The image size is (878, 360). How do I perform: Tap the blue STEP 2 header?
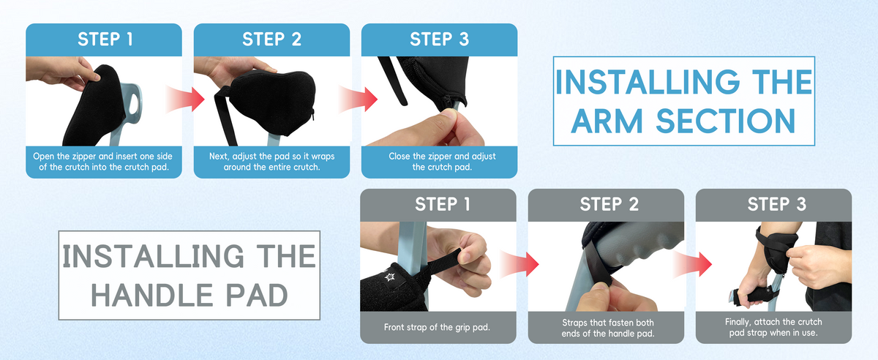click(271, 40)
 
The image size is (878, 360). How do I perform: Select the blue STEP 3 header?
click(440, 40)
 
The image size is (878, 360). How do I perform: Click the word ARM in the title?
click(607, 121)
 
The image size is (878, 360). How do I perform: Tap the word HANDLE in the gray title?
click(152, 296)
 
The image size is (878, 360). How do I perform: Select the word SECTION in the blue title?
click(726, 121)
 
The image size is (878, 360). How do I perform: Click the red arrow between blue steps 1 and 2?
click(185, 100)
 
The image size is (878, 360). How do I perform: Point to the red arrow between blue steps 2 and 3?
click(358, 100)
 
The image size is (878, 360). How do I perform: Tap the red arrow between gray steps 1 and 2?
click(519, 264)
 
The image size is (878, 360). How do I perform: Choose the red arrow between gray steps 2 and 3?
click(693, 264)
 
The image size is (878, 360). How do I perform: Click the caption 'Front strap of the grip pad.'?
click(437, 328)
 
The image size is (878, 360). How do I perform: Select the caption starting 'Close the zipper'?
click(442, 162)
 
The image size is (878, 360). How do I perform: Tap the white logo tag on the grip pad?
click(389, 277)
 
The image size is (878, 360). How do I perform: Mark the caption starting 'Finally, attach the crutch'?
click(773, 328)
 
